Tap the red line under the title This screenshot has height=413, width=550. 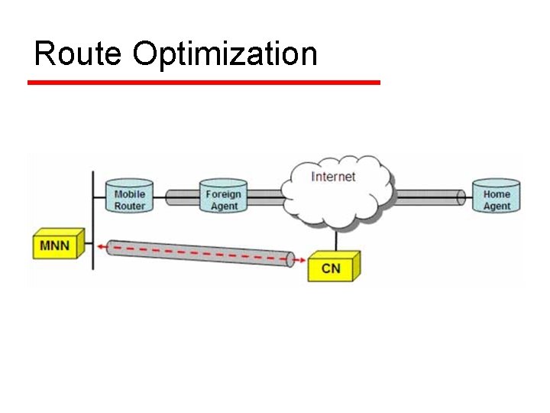203,82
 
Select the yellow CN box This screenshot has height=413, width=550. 332,268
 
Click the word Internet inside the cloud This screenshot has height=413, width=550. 334,177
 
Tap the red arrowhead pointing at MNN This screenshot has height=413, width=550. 102,246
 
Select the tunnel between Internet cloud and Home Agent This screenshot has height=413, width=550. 428,197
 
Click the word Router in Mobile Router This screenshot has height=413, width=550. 129,206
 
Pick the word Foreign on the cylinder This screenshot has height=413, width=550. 223,193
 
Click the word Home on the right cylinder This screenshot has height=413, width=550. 496,193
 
